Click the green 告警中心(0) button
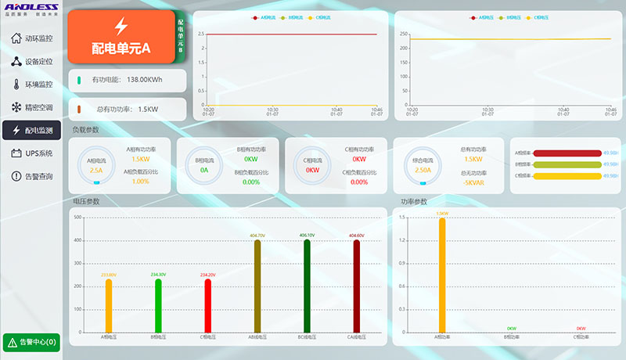pos(31,342)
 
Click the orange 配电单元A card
pos(121,37)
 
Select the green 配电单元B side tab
pos(181,37)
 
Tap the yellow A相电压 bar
pos(110,305)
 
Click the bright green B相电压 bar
pos(158,305)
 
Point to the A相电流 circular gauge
pos(96,165)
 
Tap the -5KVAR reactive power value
pos(473,182)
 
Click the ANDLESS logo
pos(31,8)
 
